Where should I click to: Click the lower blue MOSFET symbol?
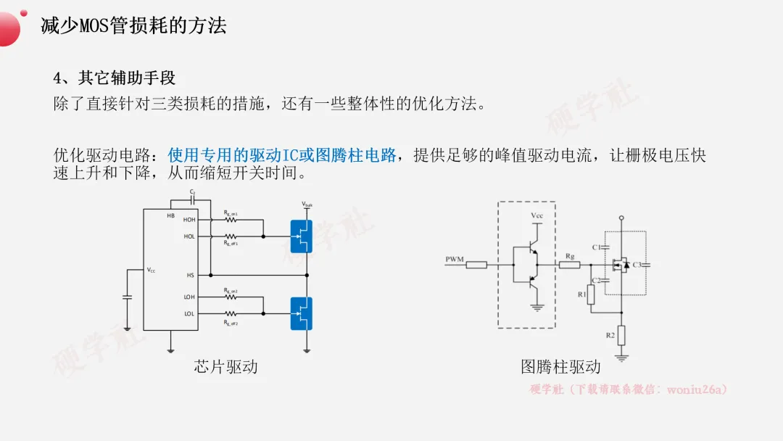tap(302, 313)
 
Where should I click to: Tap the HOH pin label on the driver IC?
tap(189, 220)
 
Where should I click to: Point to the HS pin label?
tap(190, 276)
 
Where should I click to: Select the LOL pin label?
tap(189, 314)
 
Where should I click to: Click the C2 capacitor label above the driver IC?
tap(193, 192)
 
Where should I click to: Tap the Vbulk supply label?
tap(307, 205)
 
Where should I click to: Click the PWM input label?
tap(454, 259)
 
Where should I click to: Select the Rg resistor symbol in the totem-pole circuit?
tap(570, 265)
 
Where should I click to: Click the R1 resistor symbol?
tap(591, 294)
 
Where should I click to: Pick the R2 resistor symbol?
tap(621, 336)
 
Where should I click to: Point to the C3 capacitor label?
tap(637, 265)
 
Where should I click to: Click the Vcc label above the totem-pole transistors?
tap(536, 215)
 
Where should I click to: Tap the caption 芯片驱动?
tap(225, 366)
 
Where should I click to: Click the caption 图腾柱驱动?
tap(560, 366)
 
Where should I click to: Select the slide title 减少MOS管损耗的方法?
tap(134, 26)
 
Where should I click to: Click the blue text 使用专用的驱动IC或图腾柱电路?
tap(282, 154)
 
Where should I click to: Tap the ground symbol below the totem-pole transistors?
tap(537, 308)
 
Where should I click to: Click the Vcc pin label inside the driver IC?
tap(151, 270)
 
